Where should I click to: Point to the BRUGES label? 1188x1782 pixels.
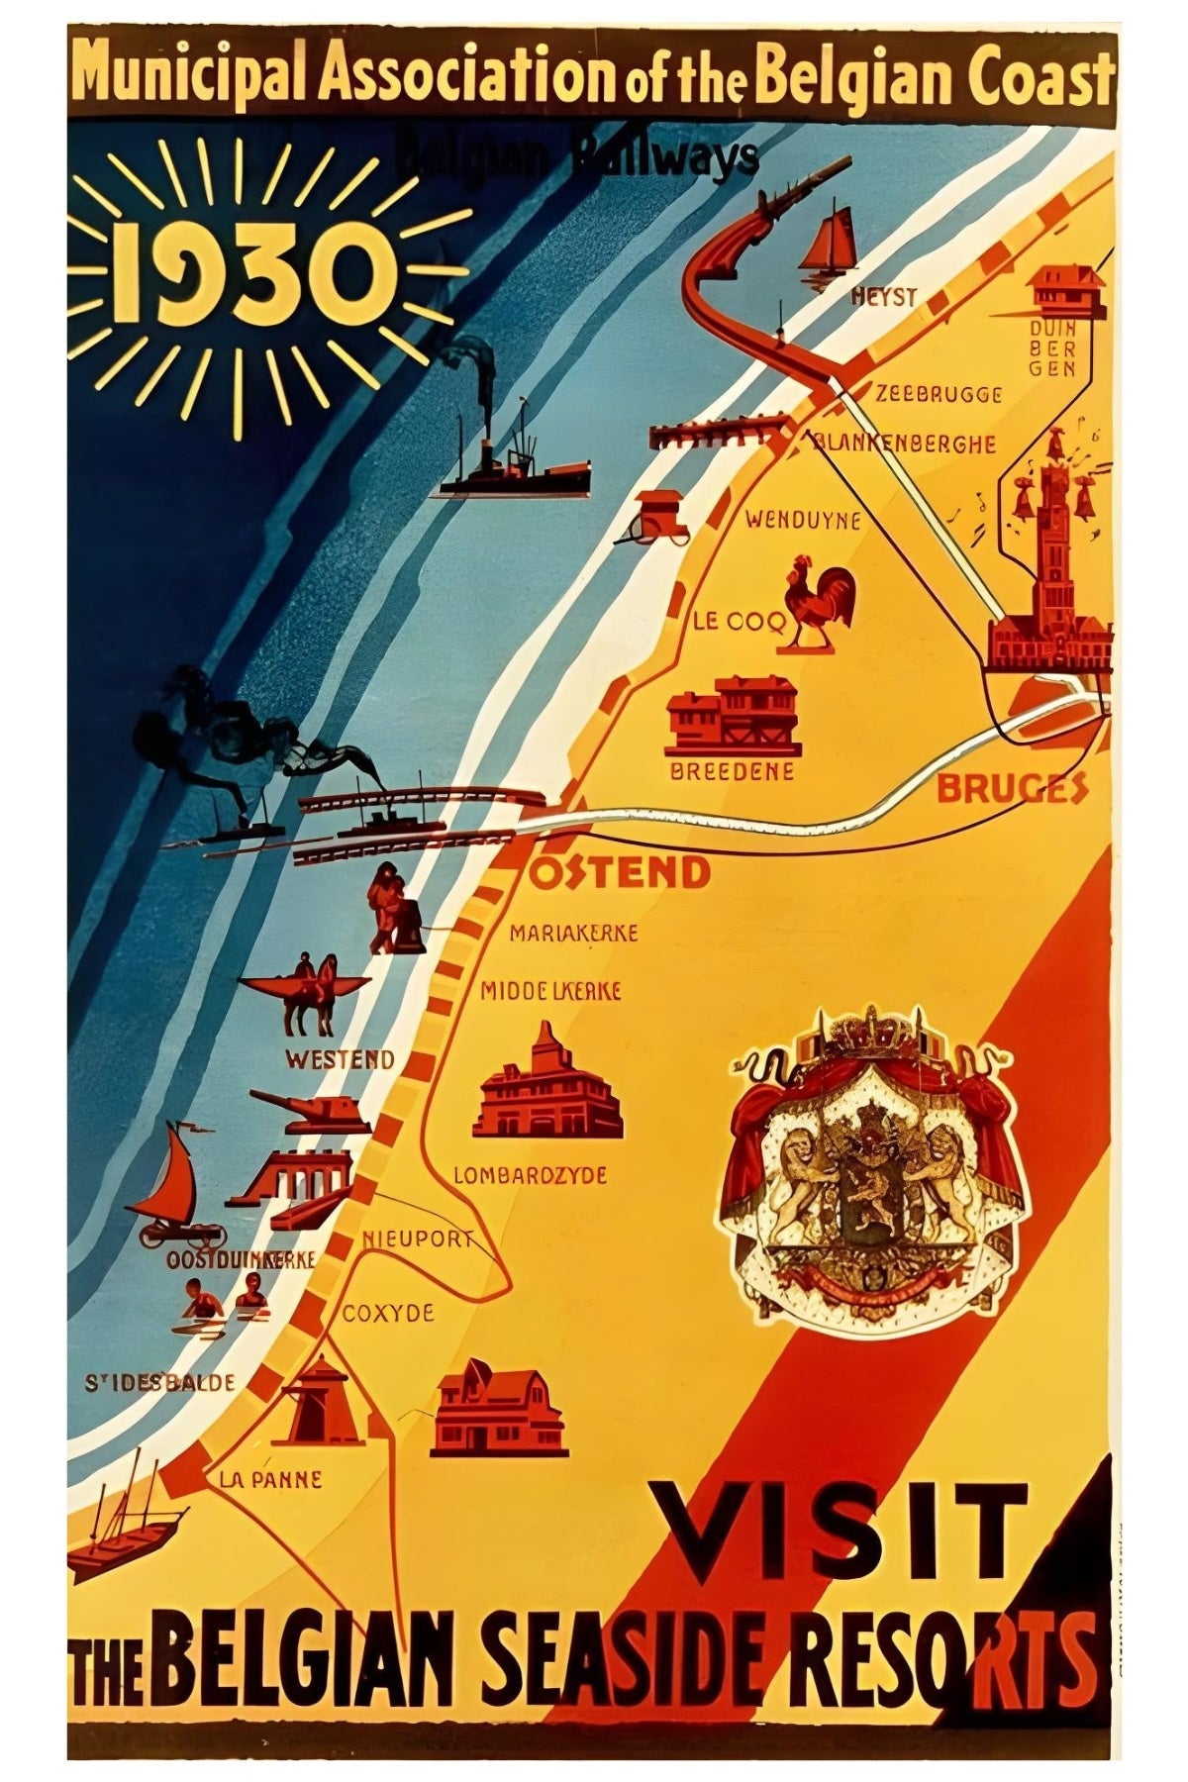(1010, 789)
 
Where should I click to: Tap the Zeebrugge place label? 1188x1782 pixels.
(938, 395)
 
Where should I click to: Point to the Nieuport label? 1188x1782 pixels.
(416, 1238)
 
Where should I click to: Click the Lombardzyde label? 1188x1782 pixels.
(530, 1176)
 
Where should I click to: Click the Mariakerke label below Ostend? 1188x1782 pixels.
(573, 933)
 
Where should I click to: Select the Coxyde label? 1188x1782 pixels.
(388, 1313)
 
